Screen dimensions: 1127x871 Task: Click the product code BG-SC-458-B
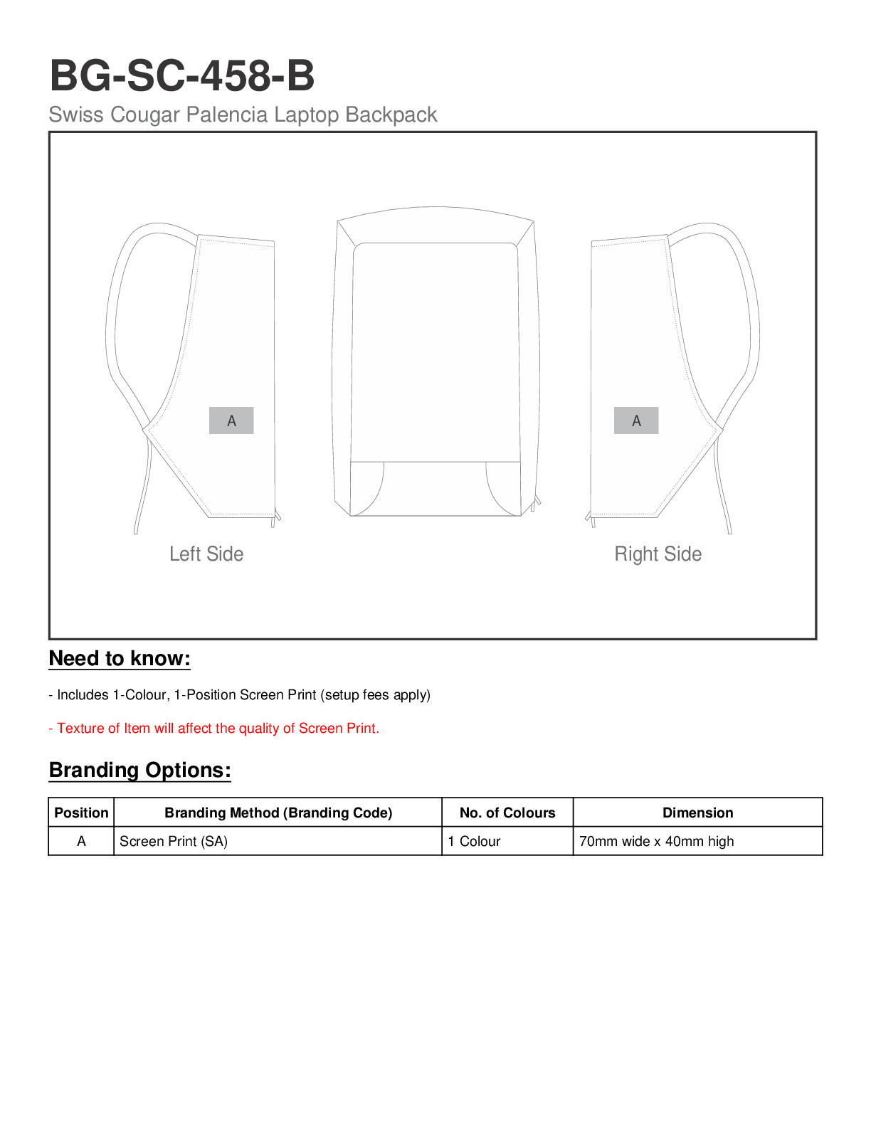(182, 75)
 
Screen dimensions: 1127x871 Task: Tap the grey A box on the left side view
(231, 420)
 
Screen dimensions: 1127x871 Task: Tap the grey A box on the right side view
(636, 420)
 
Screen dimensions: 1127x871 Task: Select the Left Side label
(206, 554)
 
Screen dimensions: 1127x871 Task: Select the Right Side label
(658, 554)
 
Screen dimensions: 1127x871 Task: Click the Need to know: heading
(120, 659)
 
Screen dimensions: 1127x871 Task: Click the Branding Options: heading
(139, 771)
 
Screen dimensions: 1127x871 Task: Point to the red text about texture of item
(213, 729)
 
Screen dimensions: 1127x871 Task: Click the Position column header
(81, 813)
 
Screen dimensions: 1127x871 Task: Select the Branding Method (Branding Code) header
(278, 813)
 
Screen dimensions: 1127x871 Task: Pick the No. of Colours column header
(507, 813)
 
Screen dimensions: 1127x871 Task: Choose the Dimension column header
(697, 813)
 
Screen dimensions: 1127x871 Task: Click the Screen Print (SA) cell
(174, 841)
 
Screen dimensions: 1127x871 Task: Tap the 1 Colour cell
(474, 841)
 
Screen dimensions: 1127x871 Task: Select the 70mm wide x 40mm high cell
(656, 841)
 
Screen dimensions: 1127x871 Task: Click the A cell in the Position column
(81, 841)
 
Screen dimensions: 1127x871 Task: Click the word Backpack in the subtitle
(391, 115)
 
